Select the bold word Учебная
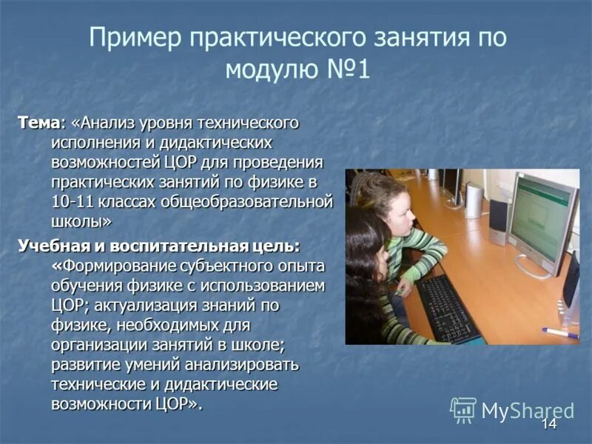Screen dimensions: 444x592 coord(50,245)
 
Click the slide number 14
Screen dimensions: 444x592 coord(548,424)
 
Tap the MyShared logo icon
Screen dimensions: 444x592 coord(463,409)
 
